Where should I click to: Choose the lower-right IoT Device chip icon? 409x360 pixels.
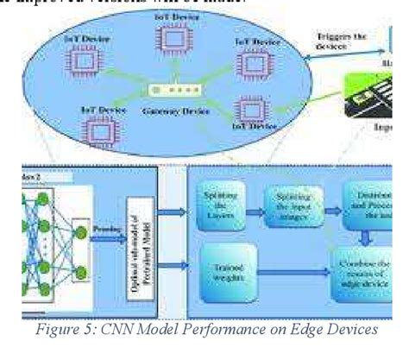251,111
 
